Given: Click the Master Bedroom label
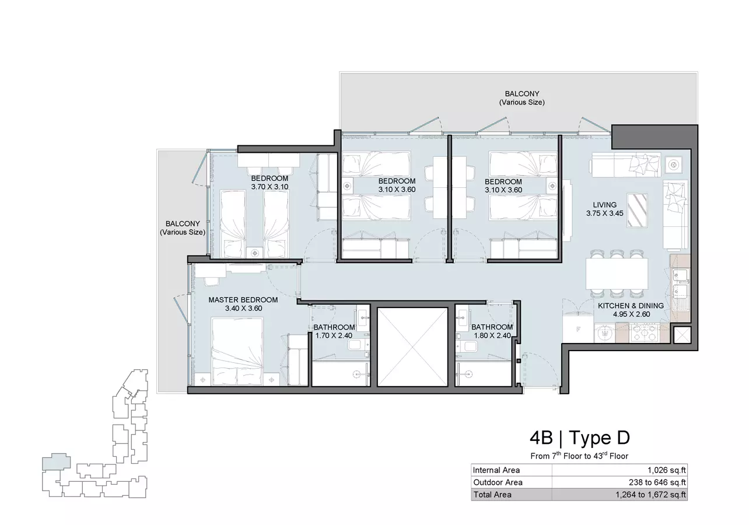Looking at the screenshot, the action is tap(243, 300).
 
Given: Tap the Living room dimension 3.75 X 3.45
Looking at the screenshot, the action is tap(604, 213).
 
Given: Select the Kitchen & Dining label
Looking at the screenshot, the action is tap(631, 306).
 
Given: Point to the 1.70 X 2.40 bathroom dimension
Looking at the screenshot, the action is tap(334, 335).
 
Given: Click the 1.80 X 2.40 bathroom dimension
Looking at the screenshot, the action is tap(492, 335).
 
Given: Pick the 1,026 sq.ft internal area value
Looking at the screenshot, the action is tap(667, 470).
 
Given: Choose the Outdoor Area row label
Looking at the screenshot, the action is tap(498, 482).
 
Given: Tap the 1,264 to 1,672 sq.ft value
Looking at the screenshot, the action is tap(650, 495).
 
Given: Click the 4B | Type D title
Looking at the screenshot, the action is tap(580, 437).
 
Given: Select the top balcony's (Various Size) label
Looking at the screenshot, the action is tap(522, 102).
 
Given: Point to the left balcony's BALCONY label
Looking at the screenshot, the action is tap(183, 224).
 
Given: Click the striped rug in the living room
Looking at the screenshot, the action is tap(637, 211).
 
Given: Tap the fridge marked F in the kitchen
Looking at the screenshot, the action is tap(578, 329).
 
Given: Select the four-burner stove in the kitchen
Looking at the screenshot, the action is tap(645, 332).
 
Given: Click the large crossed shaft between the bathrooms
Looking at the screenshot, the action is tap(412, 347).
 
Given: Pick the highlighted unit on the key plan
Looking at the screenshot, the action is tap(56, 462).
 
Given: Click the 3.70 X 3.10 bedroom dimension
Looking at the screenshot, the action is tap(269, 187).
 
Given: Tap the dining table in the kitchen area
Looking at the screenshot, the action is tap(617, 274).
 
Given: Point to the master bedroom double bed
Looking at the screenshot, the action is tap(237, 351).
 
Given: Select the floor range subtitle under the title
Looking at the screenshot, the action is tap(579, 456).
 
